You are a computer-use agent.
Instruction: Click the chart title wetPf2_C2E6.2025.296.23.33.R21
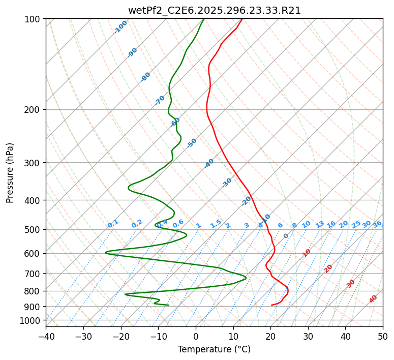click(215, 10)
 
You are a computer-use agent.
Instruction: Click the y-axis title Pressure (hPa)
click(10, 172)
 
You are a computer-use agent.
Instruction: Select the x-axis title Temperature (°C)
click(215, 350)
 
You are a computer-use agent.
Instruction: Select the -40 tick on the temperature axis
click(46, 337)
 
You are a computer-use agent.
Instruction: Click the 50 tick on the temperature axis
click(383, 337)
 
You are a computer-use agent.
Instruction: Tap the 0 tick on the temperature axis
click(196, 337)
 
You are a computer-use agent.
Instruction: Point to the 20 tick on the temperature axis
click(270, 337)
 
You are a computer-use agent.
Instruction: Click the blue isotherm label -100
click(121, 26)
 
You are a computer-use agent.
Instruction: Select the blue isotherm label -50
click(192, 143)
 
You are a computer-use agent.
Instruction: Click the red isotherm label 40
click(373, 299)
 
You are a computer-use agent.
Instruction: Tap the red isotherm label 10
click(307, 253)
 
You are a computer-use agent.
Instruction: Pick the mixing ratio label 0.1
click(113, 223)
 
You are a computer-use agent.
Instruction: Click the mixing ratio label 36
click(377, 224)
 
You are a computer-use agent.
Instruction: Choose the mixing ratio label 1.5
click(216, 223)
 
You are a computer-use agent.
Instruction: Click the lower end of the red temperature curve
click(272, 305)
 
